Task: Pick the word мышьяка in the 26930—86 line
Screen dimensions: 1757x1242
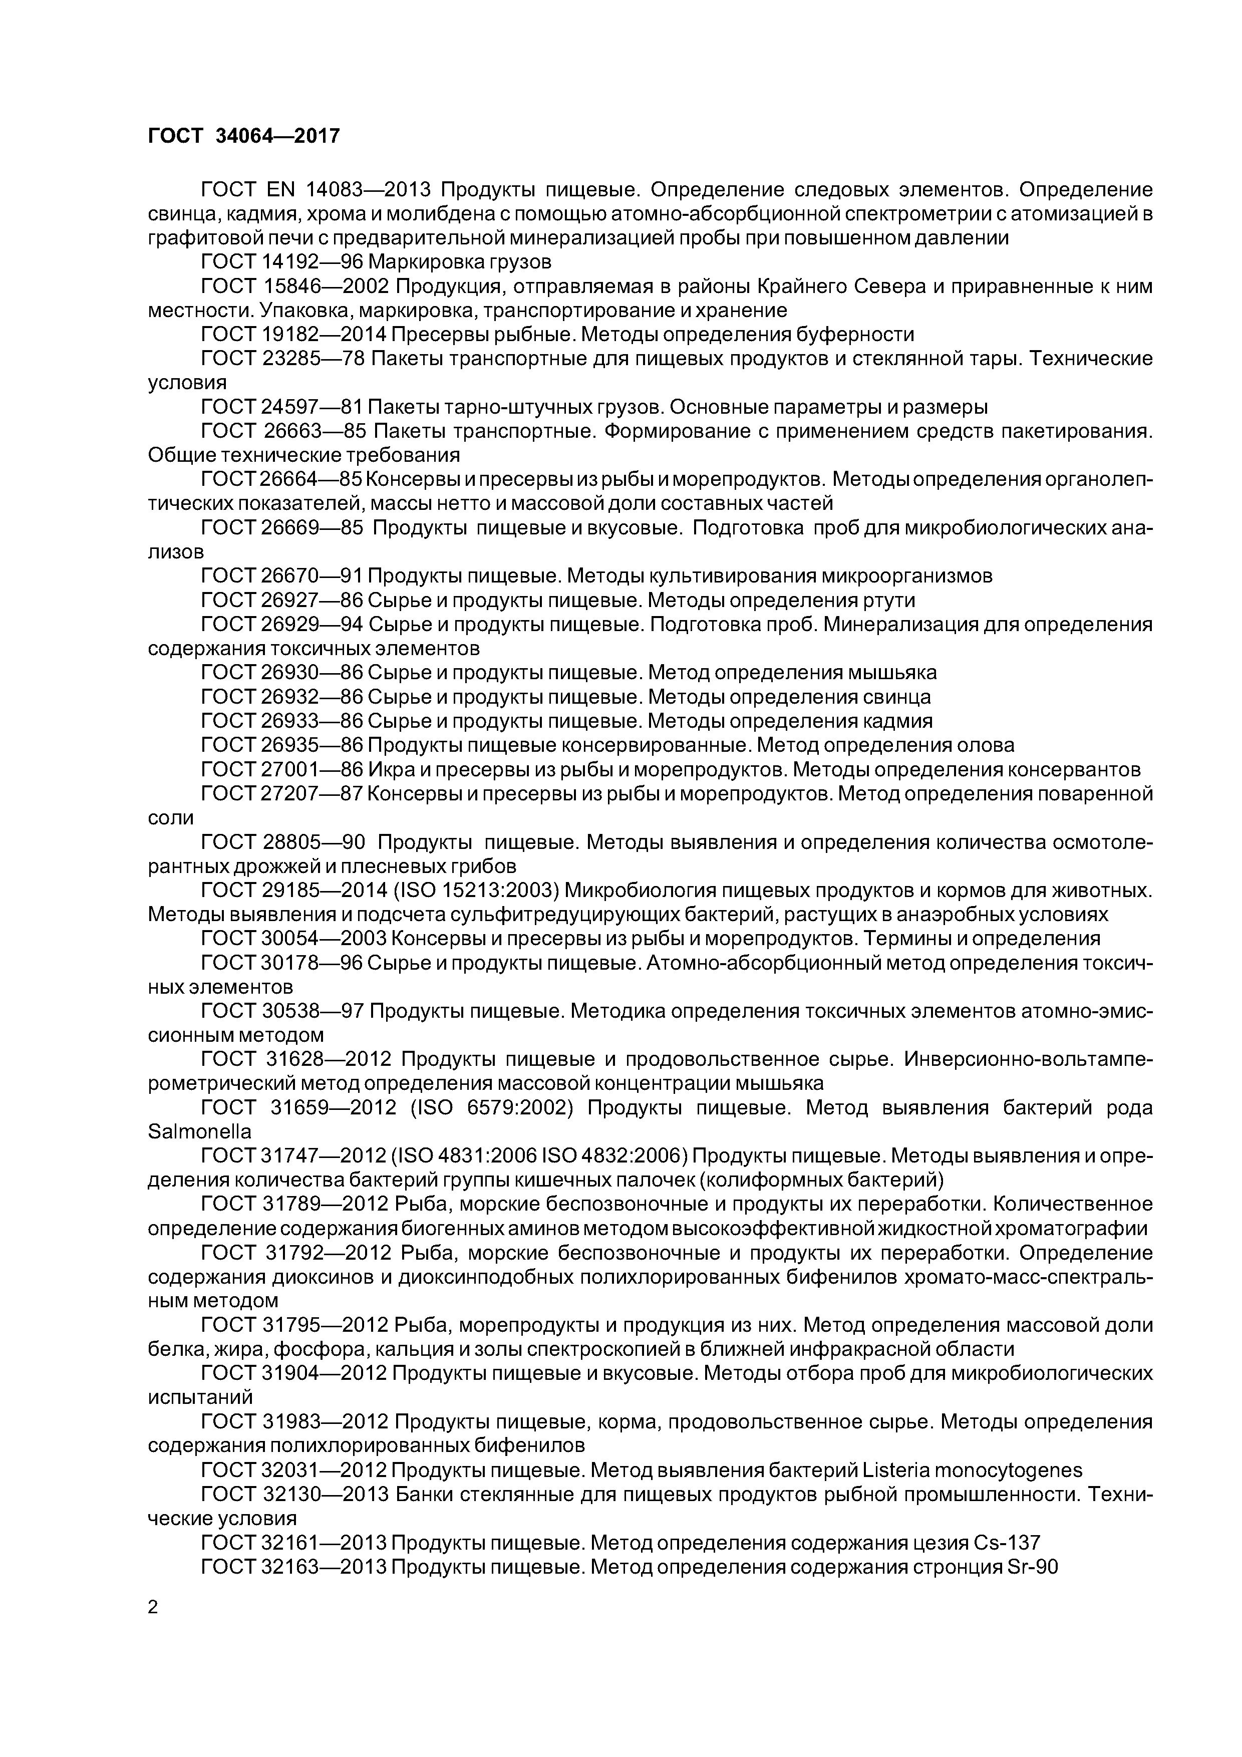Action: point(892,673)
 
